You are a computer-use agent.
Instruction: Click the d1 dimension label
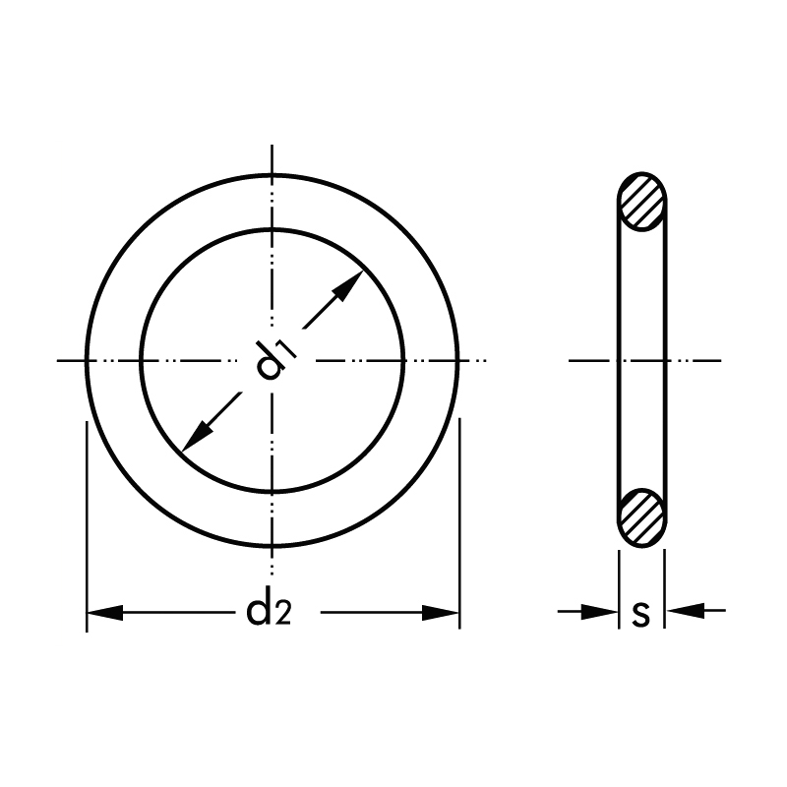(x=275, y=359)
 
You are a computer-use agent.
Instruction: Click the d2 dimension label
(x=269, y=612)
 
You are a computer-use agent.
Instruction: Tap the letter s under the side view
(x=641, y=614)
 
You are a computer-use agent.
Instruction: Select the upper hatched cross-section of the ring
(x=642, y=202)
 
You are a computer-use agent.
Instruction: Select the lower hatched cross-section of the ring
(x=642, y=517)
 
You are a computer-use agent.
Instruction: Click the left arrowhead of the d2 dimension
(x=105, y=612)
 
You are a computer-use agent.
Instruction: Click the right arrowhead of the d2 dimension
(x=441, y=612)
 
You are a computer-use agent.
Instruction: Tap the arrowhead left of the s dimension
(x=599, y=611)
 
